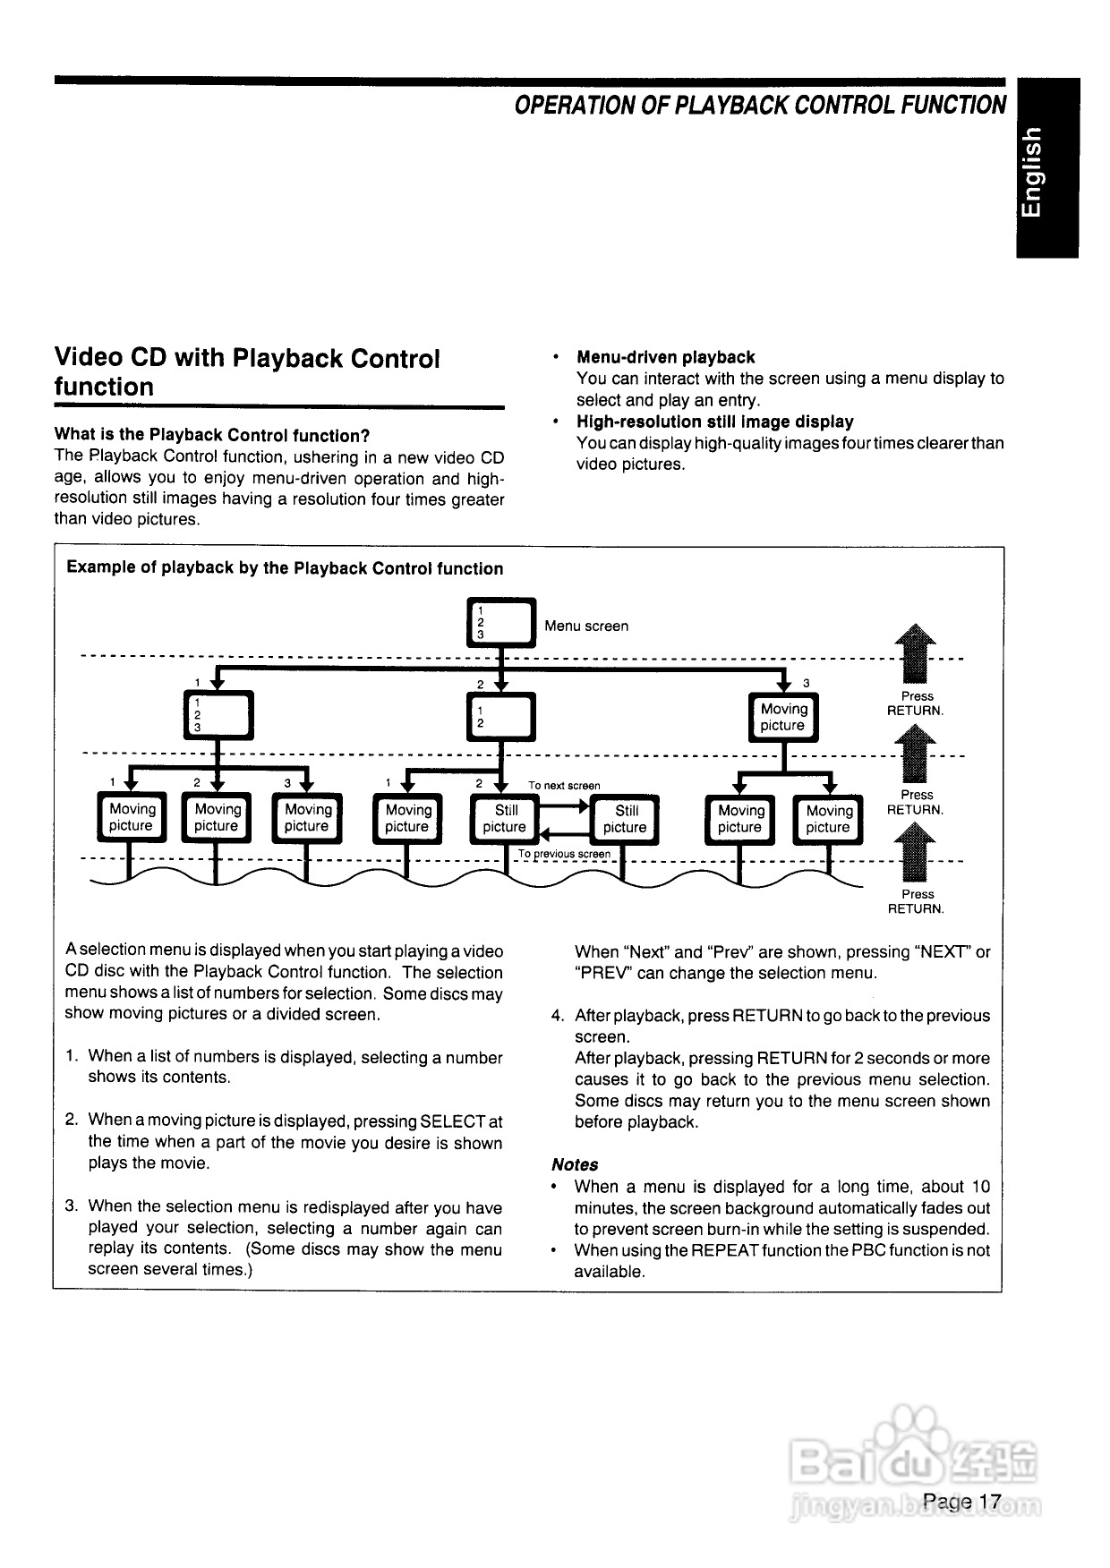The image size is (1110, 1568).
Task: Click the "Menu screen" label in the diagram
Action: (x=586, y=626)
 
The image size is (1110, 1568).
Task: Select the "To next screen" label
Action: (x=564, y=786)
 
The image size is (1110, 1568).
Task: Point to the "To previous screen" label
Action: (x=564, y=854)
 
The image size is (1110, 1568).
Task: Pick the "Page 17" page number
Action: (x=962, y=1501)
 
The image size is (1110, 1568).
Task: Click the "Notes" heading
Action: (x=575, y=1164)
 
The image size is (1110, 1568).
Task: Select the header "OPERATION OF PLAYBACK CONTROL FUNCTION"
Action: (x=760, y=106)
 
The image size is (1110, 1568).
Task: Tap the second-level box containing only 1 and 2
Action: (x=501, y=717)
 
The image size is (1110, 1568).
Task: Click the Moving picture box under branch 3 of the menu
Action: (x=783, y=718)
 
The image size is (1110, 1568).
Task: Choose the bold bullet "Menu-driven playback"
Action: (x=665, y=357)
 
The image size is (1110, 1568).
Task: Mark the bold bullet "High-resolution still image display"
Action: (x=714, y=422)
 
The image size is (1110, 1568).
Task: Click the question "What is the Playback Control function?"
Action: (x=212, y=436)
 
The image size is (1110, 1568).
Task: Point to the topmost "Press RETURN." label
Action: (x=916, y=703)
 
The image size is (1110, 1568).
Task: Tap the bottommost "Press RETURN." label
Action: (x=916, y=901)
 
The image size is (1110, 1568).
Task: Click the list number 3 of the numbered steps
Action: (x=72, y=1206)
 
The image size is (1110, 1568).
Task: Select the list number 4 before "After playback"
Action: (x=558, y=1016)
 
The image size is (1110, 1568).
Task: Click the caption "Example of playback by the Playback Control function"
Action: (x=285, y=568)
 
